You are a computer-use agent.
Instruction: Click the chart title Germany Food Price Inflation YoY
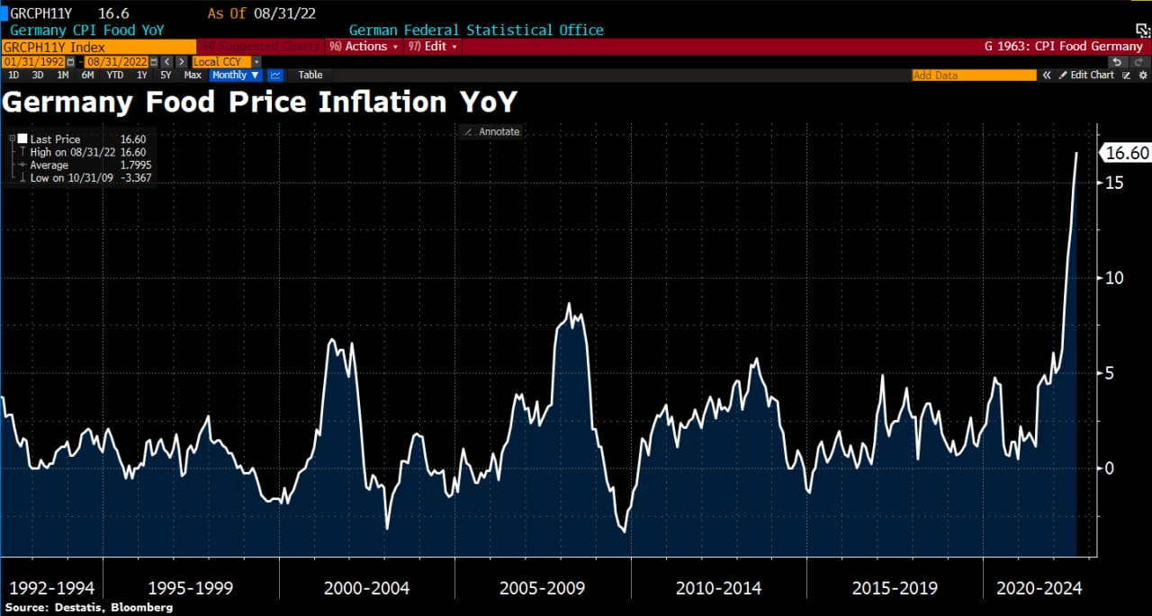point(259,102)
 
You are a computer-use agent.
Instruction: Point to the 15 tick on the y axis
point(1114,183)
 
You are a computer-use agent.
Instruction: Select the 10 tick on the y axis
point(1114,278)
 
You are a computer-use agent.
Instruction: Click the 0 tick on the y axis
point(1110,469)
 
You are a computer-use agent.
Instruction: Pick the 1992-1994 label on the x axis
point(51,589)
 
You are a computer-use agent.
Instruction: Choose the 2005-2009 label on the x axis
point(542,589)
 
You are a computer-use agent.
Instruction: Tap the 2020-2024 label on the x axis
point(1039,589)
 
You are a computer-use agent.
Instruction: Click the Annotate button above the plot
point(491,131)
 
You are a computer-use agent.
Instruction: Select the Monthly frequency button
point(234,76)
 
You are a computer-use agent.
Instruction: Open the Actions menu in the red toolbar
point(364,46)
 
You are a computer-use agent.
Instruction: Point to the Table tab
point(310,76)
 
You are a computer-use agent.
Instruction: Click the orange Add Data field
point(974,76)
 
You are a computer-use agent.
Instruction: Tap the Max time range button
point(193,76)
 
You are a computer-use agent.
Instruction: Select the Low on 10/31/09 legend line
point(80,178)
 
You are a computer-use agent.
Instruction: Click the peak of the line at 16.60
point(1076,153)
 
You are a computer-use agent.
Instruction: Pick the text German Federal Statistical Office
point(476,30)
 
